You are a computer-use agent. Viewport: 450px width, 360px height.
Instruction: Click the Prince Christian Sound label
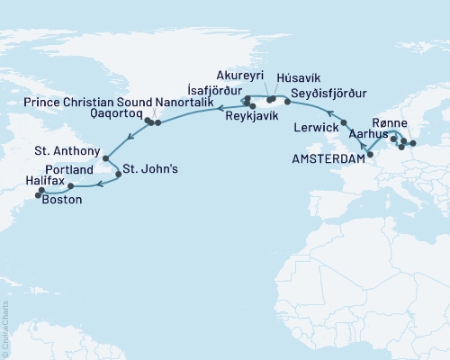pos(85,103)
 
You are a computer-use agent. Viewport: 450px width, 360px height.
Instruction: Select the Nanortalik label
pos(184,103)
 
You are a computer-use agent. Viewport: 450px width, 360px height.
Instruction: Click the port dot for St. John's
pos(115,168)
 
